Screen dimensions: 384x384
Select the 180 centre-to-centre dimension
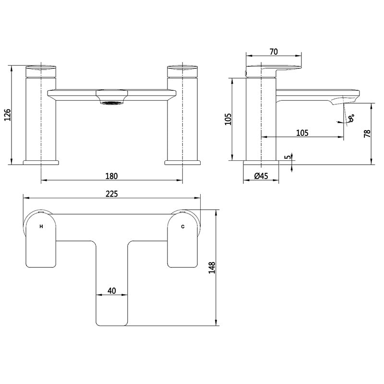click(111, 176)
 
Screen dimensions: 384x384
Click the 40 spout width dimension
click(112, 290)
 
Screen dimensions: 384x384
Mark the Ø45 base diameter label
click(261, 176)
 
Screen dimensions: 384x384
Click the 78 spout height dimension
click(367, 133)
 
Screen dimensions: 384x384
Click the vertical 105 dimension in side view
click(228, 118)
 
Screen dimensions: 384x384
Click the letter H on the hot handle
click(41, 226)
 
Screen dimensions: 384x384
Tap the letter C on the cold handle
click(182, 226)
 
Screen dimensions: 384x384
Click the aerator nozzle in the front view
click(111, 101)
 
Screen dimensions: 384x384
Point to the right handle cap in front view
click(182, 70)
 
